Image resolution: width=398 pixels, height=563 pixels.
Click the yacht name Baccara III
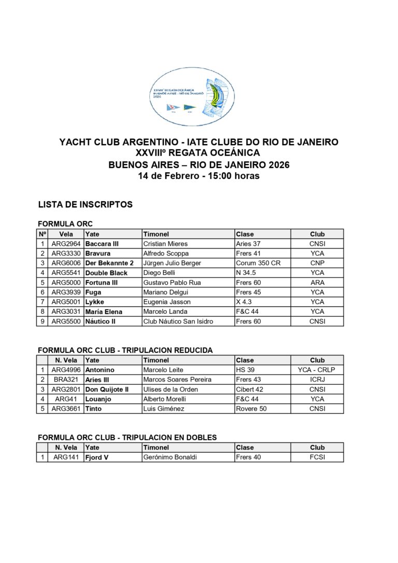click(x=102, y=244)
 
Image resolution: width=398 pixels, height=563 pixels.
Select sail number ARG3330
click(x=66, y=254)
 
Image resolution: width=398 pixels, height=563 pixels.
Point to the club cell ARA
click(x=317, y=283)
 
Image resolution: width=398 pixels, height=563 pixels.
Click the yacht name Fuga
click(x=93, y=292)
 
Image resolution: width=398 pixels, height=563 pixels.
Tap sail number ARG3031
click(x=66, y=312)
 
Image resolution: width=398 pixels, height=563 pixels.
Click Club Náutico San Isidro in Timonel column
click(x=178, y=321)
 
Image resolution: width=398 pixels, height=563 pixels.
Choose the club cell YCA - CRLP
click(x=317, y=370)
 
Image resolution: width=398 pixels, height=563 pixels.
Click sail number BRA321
click(x=66, y=379)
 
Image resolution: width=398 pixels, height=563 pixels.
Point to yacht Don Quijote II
click(x=107, y=389)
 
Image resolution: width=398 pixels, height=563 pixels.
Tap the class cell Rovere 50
click(x=251, y=409)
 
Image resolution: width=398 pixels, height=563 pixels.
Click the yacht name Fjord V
click(x=97, y=457)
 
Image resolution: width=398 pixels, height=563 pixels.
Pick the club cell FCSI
click(x=317, y=457)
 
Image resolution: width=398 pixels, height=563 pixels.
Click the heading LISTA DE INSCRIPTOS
click(x=86, y=205)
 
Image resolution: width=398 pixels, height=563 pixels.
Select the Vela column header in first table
click(x=66, y=234)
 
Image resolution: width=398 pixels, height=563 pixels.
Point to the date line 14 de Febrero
click(x=198, y=176)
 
